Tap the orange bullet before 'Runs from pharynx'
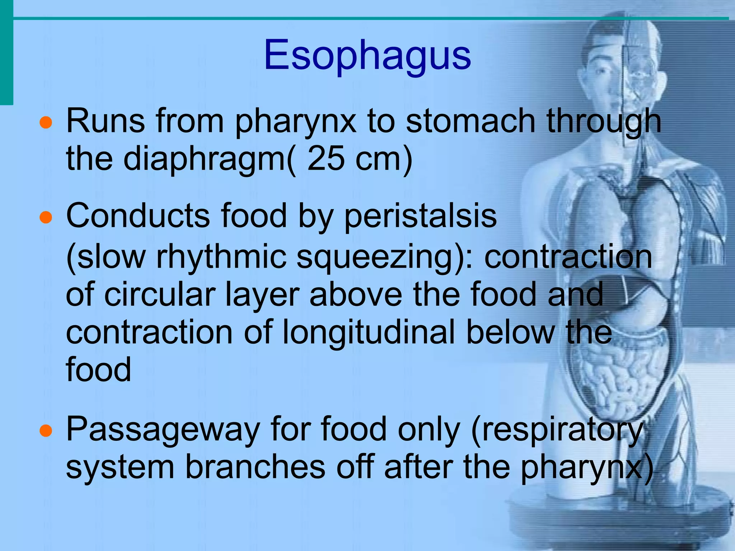[46, 123]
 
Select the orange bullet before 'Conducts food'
[46, 217]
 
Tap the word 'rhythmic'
[221, 257]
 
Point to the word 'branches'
[255, 467]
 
